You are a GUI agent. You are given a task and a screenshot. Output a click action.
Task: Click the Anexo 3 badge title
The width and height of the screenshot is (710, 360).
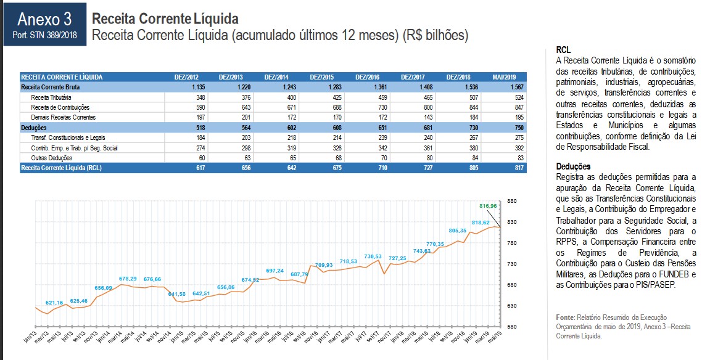(45, 20)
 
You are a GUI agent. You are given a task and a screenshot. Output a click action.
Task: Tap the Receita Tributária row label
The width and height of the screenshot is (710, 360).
(51, 97)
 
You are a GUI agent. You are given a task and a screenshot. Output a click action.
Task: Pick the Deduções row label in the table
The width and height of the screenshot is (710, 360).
(34, 128)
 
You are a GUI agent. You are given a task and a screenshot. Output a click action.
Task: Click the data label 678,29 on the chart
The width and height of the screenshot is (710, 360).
(128, 279)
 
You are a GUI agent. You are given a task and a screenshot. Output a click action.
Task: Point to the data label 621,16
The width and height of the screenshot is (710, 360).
(54, 303)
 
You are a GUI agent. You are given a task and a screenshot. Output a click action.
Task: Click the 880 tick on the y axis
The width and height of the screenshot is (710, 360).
(511, 201)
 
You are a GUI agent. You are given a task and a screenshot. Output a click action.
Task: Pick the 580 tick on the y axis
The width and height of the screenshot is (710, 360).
(511, 326)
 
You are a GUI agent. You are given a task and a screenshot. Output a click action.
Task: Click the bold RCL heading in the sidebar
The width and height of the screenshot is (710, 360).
(563, 49)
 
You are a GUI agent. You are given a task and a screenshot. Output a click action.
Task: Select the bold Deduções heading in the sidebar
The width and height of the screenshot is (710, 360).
(573, 166)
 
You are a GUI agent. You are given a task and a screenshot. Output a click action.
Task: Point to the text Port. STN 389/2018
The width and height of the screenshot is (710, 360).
(44, 35)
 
